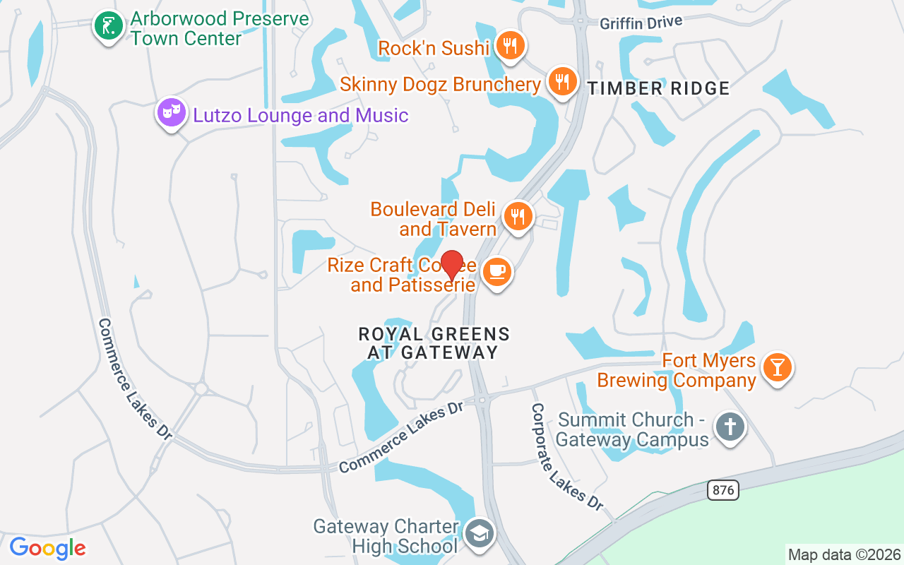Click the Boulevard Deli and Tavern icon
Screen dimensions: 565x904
[x=518, y=215]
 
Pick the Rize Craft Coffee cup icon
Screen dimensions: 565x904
[x=497, y=271]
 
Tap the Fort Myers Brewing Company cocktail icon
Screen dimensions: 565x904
[x=778, y=367]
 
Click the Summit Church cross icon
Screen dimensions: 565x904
[x=730, y=426]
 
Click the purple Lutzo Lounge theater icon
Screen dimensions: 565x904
[x=171, y=112]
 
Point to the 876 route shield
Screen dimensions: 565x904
[x=722, y=490]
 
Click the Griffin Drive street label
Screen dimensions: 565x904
[x=641, y=23]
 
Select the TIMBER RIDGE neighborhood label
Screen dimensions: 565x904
[x=658, y=88]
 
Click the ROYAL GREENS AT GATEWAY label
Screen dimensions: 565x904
[x=434, y=343]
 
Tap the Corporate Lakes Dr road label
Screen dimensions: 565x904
[x=566, y=457]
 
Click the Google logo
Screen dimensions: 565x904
[x=47, y=548]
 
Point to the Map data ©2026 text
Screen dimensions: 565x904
[x=844, y=554]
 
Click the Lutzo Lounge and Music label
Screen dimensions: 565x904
[x=301, y=115]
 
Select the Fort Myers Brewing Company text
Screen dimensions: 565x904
[x=677, y=371]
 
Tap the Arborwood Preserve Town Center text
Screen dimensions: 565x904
[x=220, y=28]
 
